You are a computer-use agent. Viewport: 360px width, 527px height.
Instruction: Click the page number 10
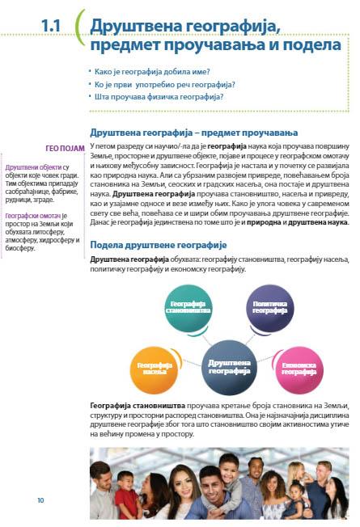point(40,501)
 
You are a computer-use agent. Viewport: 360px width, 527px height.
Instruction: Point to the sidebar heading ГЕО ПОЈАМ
point(66,147)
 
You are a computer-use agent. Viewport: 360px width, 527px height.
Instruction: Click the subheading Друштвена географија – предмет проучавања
point(193,132)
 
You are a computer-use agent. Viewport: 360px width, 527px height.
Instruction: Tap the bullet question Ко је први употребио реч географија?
point(164,84)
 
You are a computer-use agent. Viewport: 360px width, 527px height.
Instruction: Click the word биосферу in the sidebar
point(22,247)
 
